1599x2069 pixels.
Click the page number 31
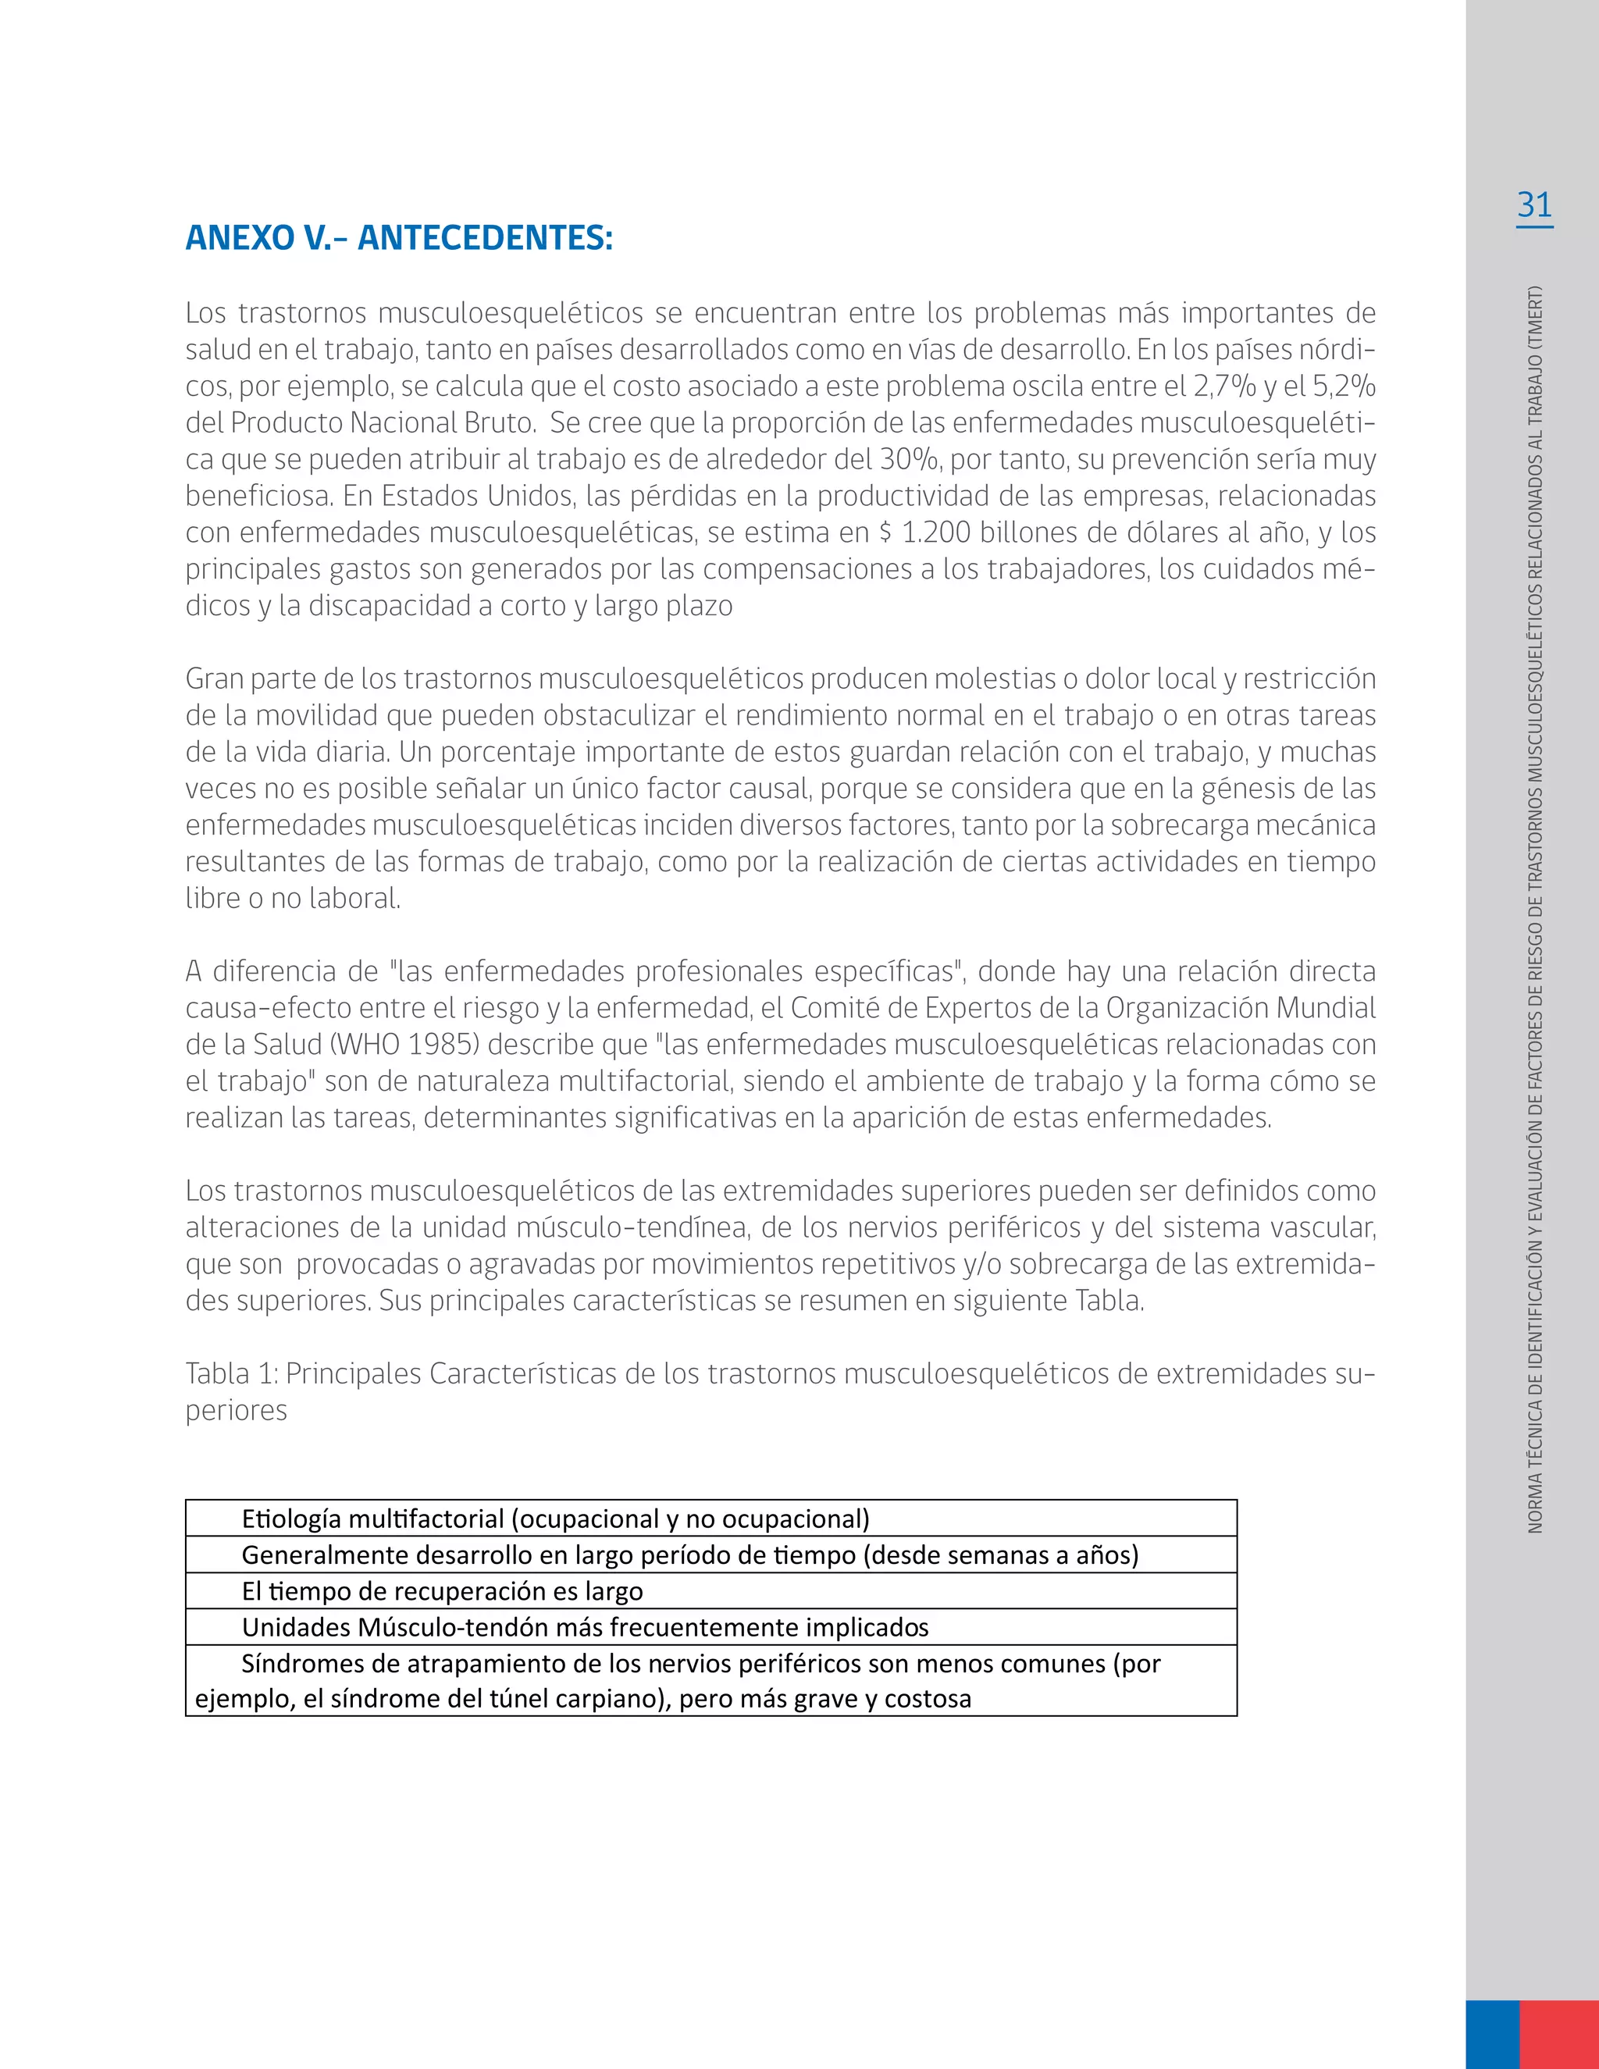coord(1533,205)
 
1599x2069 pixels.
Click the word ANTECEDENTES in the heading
coord(485,239)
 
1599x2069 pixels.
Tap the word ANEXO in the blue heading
coord(240,239)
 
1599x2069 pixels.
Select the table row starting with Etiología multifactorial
coord(710,1519)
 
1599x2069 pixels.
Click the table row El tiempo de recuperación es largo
coord(710,1590)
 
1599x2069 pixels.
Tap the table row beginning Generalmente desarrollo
coord(710,1554)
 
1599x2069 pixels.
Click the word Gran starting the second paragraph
coord(215,679)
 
